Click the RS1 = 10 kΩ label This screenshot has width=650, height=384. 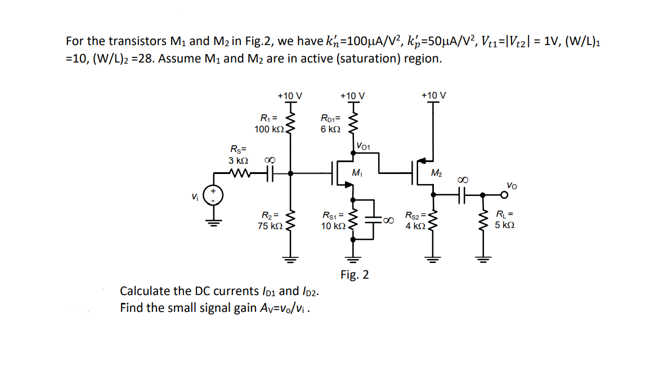(x=333, y=221)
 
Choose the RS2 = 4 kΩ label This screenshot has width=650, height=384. (x=416, y=221)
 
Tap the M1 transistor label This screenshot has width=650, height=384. (x=356, y=172)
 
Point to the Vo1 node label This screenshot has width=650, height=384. (x=363, y=146)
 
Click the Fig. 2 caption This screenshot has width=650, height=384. (x=355, y=275)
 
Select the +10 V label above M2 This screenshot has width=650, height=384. (x=434, y=95)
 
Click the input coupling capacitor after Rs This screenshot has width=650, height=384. (x=269, y=174)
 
